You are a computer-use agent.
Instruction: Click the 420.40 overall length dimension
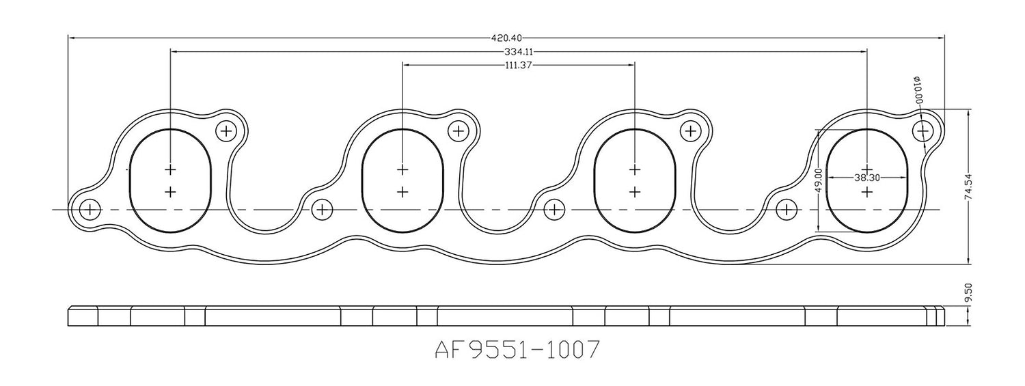[506, 38]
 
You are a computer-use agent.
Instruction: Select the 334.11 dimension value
[519, 52]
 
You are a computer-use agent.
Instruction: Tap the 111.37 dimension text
[518, 66]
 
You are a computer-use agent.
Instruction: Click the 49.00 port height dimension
[819, 179]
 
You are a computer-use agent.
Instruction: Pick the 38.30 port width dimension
[867, 178]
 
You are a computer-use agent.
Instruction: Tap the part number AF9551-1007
[517, 350]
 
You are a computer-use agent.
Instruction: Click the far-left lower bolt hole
[90, 210]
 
